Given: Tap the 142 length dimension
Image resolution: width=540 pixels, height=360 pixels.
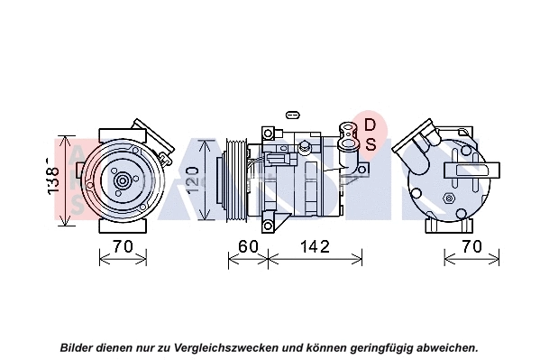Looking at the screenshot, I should point(314,246).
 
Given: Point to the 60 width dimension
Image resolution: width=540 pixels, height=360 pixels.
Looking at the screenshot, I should point(248,246).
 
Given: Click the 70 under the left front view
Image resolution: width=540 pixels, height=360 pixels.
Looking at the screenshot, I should point(122,246).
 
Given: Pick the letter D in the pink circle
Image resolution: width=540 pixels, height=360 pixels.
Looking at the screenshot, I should point(370,125).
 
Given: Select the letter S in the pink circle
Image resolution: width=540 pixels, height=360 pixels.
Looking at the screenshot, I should point(370,143).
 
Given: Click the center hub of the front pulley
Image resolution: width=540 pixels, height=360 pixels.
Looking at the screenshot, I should point(122,180).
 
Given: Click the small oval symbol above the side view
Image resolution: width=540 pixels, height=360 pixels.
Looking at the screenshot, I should point(290,115).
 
